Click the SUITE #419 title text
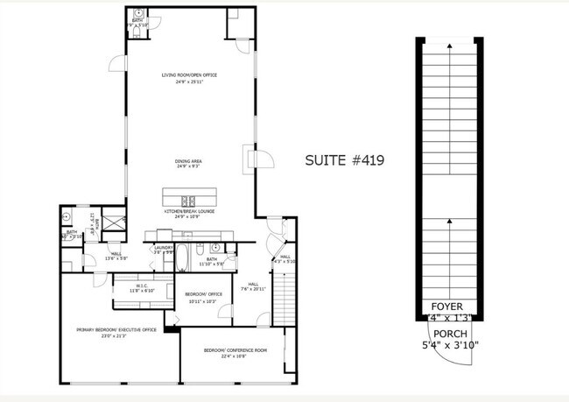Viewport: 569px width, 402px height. pyautogui.click(x=344, y=160)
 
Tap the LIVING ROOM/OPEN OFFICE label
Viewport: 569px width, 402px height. pyautogui.click(x=189, y=75)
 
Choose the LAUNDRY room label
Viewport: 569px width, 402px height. pyautogui.click(x=164, y=248)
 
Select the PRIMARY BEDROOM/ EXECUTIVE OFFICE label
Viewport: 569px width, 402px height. pyautogui.click(x=116, y=329)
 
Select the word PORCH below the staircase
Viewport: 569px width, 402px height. pyautogui.click(x=449, y=334)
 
